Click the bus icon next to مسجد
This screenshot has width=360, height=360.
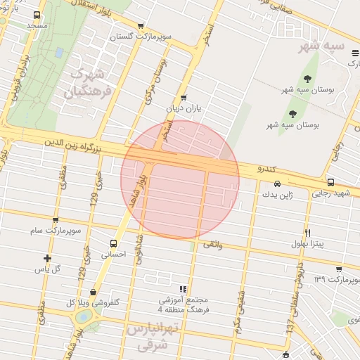pyautogui.click(x=37, y=15)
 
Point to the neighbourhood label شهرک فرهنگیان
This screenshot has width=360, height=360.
pyautogui.click(x=91, y=83)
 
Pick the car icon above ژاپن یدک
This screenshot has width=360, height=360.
pyautogui.click(x=278, y=184)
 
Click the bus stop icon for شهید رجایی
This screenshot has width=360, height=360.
pyautogui.click(x=331, y=182)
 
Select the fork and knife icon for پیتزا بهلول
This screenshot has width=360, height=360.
pyautogui.click(x=307, y=233)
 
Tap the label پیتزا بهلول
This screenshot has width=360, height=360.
pyautogui.click(x=307, y=244)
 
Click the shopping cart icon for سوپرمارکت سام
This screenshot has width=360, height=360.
pyautogui.click(x=56, y=220)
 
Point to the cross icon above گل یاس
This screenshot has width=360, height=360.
pyautogui.click(x=47, y=258)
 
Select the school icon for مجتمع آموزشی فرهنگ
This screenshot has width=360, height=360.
pyautogui.click(x=183, y=288)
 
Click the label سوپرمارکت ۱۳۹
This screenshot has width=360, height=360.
pyautogui.click(x=337, y=280)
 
